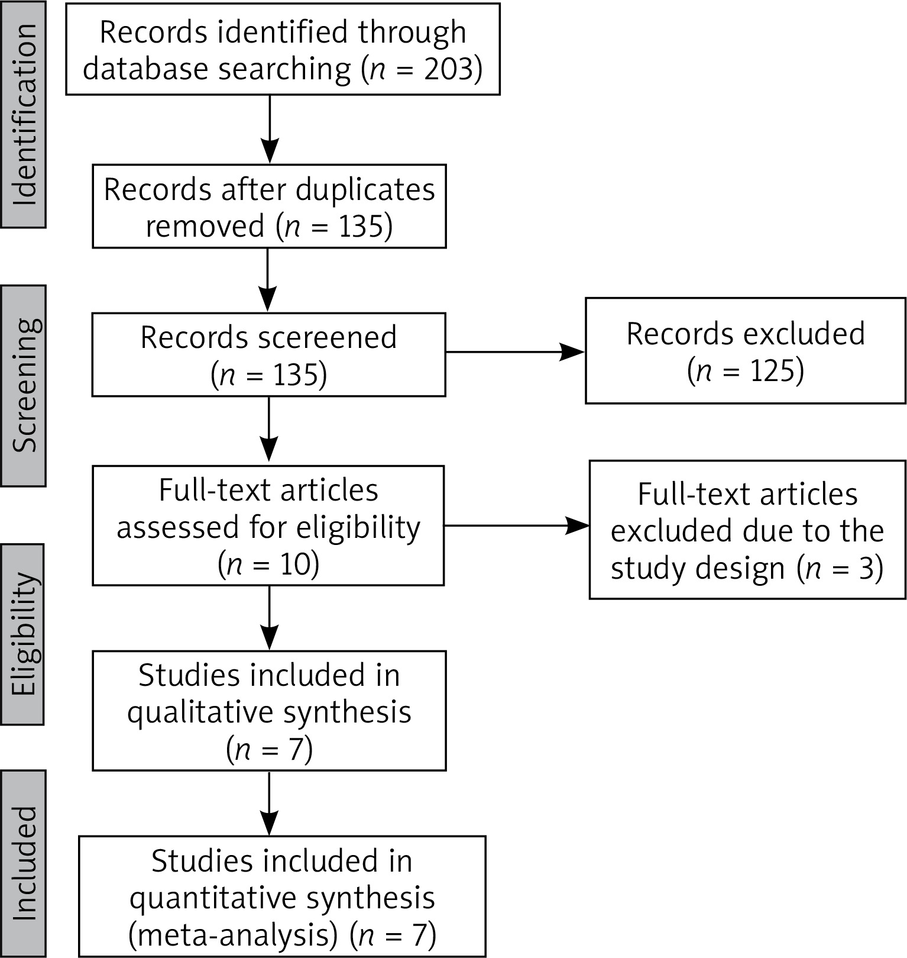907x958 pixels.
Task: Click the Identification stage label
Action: pos(24,115)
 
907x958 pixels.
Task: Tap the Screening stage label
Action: pos(24,386)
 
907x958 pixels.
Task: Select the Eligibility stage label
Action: pos(24,634)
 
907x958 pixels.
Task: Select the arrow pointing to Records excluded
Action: pos(514,353)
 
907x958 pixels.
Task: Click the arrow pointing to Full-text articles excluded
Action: pos(516,525)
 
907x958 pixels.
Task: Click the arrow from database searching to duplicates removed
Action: pos(270,129)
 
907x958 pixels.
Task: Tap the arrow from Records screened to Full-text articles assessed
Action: pos(269,430)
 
